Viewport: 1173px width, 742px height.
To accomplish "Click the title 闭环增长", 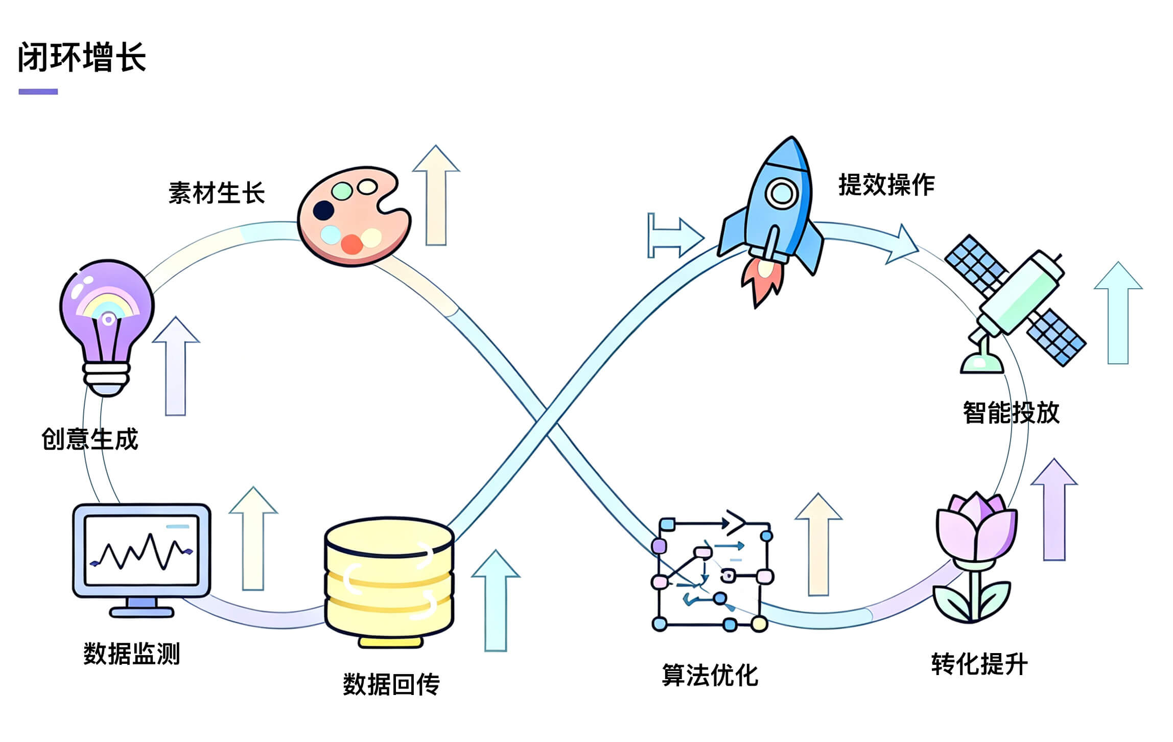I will [x=82, y=57].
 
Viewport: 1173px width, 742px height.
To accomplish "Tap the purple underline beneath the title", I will [x=38, y=92].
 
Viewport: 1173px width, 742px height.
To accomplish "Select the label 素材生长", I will [x=217, y=193].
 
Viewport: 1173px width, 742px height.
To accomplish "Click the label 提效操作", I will [x=886, y=184].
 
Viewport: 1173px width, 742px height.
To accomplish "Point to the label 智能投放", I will [x=1011, y=412].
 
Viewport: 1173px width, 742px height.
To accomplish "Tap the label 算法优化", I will [x=710, y=675].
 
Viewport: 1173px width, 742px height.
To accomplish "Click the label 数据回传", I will [x=391, y=684].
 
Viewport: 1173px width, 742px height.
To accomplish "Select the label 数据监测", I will [x=132, y=654].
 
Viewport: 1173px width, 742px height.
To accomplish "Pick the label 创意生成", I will [x=90, y=439].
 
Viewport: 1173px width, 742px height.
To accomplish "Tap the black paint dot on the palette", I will [x=323, y=210].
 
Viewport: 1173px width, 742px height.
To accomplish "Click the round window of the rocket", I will [x=781, y=193].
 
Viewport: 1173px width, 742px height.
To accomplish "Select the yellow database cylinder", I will [x=389, y=580].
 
